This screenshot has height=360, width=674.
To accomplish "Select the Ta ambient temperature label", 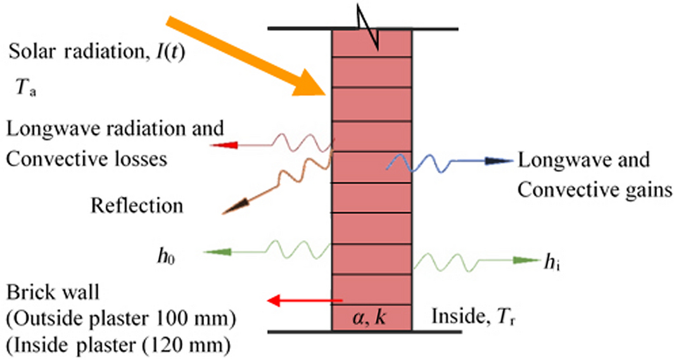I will pos(25,89).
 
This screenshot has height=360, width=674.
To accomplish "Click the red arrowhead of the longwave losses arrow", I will pos(224,145).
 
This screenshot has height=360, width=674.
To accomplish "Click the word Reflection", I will pos(137,205).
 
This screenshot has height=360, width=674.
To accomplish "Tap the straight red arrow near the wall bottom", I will pos(304,300).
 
